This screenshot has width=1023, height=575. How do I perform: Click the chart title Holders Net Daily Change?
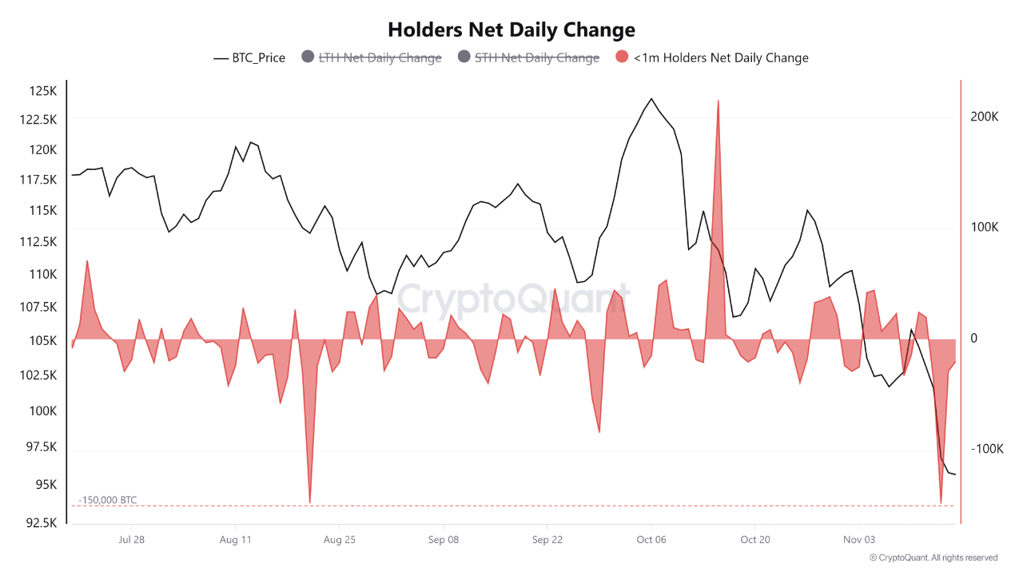click(x=511, y=30)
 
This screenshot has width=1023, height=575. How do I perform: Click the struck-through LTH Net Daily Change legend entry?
click(x=380, y=57)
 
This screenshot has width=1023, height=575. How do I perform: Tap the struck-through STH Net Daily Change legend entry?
click(x=536, y=57)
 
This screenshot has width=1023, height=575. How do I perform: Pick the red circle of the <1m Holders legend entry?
click(x=623, y=57)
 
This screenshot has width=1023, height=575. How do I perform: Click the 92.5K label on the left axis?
click(x=42, y=523)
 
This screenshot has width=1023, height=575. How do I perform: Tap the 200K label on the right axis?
click(x=985, y=117)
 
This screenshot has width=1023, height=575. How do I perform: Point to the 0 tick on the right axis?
click(x=973, y=339)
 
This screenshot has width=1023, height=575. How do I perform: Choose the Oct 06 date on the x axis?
click(x=651, y=540)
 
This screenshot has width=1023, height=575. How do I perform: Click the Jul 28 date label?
click(x=131, y=540)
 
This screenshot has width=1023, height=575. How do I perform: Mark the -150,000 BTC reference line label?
click(x=108, y=500)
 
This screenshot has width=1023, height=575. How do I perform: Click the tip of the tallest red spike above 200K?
click(x=718, y=101)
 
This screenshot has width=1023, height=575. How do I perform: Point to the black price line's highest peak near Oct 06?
click(x=651, y=98)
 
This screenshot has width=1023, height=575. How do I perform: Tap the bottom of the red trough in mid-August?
click(x=309, y=502)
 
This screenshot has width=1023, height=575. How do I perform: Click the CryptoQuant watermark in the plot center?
click(x=514, y=301)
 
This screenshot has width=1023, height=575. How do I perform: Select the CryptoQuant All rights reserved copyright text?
click(x=933, y=557)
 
